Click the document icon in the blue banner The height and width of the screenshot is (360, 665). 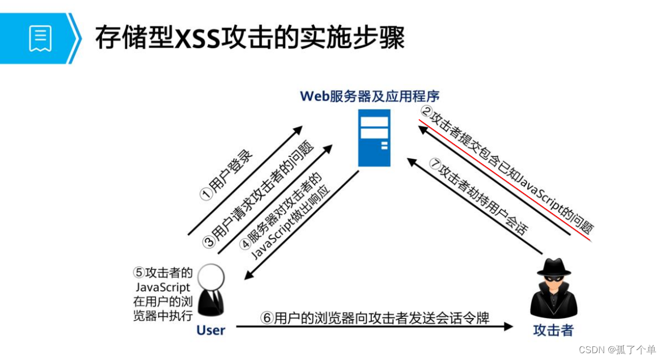40,38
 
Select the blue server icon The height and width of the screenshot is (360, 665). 375,138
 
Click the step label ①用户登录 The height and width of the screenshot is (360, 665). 227,176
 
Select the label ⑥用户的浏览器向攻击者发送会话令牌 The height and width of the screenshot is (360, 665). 375,318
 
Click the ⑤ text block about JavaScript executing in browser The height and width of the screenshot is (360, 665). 163,293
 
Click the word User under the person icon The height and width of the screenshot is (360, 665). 211,330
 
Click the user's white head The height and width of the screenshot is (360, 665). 211,278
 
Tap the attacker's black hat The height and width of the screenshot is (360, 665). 554,266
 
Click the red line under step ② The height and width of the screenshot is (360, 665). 505,181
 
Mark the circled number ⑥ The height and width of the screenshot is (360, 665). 266,318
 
